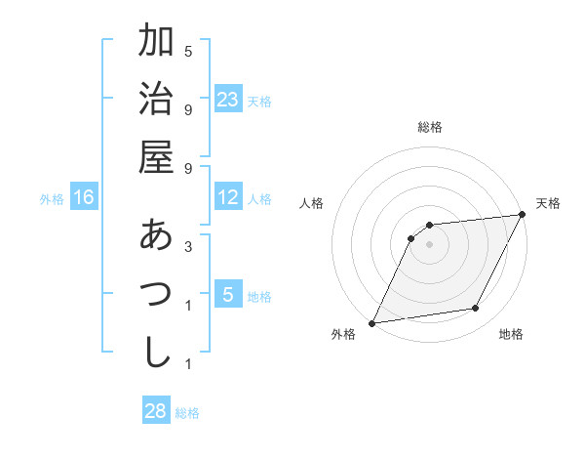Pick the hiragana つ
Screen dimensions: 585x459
tap(156, 294)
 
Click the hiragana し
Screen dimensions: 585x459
tap(156, 352)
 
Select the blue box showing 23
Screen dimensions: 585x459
tap(228, 99)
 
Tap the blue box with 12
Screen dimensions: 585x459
tap(228, 197)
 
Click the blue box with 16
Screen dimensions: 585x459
tap(84, 197)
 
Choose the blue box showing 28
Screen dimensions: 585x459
tap(156, 411)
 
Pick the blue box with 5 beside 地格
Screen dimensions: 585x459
tap(228, 294)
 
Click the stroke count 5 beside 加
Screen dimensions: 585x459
tap(188, 51)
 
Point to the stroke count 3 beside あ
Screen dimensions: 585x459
tap(188, 248)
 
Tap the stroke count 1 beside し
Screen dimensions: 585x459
tap(188, 364)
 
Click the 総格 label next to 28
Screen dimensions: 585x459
tap(187, 412)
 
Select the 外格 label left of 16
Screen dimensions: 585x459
tap(52, 198)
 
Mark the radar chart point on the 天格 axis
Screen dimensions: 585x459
tap(523, 216)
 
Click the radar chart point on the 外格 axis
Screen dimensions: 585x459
tap(371, 322)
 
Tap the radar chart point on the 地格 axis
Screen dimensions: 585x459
tap(476, 309)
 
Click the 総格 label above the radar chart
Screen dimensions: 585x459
tap(429, 127)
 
